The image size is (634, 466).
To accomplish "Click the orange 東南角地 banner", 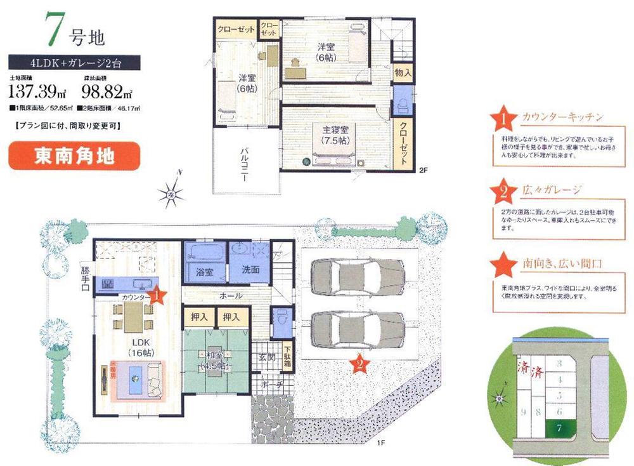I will tap(74, 156).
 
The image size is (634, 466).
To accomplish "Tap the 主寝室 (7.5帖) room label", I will tap(333, 135).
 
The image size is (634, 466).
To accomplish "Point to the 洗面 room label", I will tap(250, 270).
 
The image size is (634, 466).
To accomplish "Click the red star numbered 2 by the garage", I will tap(359, 364).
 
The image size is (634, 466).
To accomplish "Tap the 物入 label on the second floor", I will tap(403, 74).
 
